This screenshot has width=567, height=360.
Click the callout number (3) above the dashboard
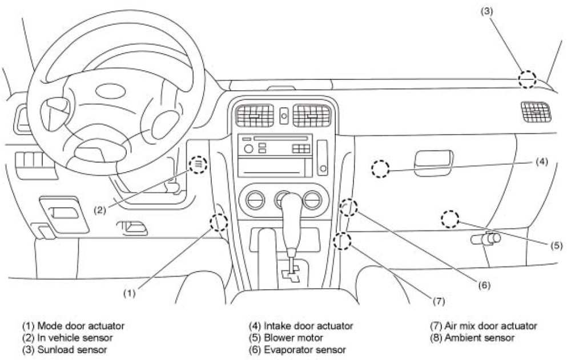[x=486, y=11]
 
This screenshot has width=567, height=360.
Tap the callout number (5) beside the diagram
[x=556, y=245]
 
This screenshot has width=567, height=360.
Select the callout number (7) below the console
[x=438, y=301]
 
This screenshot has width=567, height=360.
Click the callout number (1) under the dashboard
[x=130, y=293]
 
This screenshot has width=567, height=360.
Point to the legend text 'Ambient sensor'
[x=479, y=338]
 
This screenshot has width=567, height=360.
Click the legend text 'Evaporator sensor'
[x=305, y=350]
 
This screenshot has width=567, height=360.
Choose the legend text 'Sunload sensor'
[x=72, y=350]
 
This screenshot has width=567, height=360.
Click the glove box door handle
[x=433, y=163]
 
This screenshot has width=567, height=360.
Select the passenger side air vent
[x=536, y=111]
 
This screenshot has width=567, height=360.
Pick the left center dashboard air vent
[x=255, y=116]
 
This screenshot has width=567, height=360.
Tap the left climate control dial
[x=255, y=200]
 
